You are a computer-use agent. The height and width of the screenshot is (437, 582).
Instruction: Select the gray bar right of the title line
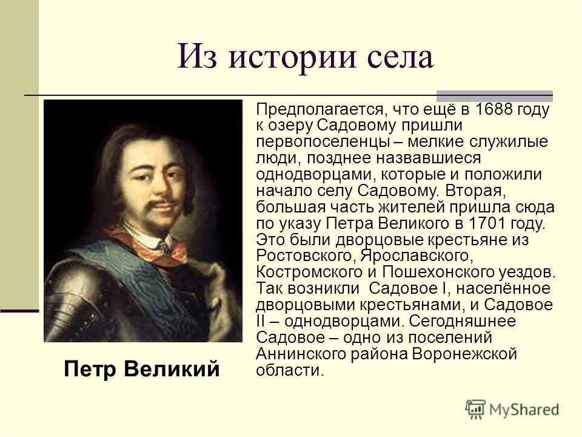(x=494, y=96)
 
